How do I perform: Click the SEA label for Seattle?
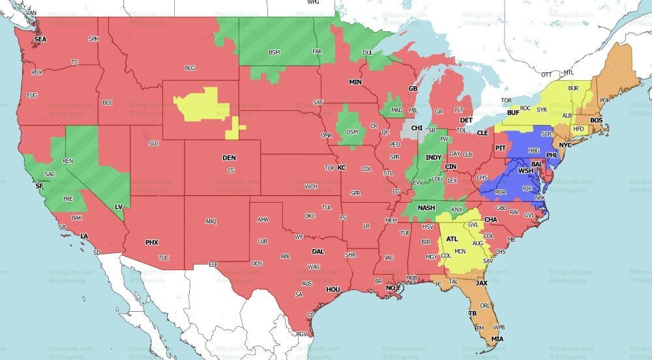[40, 39]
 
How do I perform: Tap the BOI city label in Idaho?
[108, 102]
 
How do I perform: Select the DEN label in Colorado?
[230, 158]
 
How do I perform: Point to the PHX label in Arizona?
[151, 243]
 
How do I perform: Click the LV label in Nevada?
[119, 207]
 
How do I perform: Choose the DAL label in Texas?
[318, 250]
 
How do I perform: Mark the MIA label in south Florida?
[498, 339]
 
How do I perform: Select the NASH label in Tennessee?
[426, 207]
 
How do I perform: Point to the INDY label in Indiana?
[433, 157]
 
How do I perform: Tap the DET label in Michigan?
[466, 121]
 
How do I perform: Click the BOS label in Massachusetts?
[596, 121]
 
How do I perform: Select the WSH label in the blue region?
[526, 171]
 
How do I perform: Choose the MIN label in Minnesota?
[355, 82]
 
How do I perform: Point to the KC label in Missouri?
[341, 168]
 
